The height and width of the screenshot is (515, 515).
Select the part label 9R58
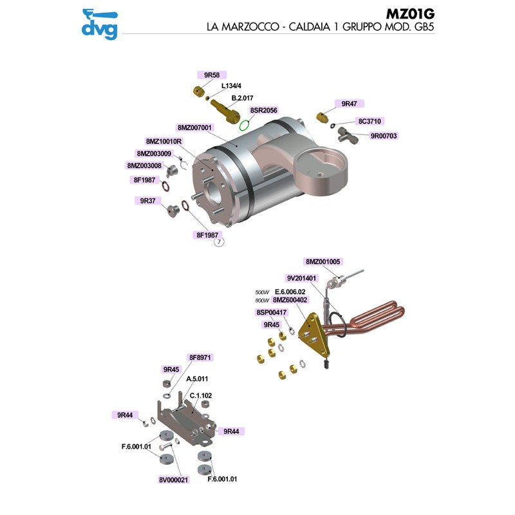(x=212, y=75)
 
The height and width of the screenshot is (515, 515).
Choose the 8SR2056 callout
(x=263, y=110)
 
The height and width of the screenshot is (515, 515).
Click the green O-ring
(x=245, y=125)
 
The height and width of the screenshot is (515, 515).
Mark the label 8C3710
(x=370, y=121)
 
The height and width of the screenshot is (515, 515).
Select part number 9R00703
(x=384, y=136)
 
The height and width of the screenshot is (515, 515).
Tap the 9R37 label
(x=148, y=201)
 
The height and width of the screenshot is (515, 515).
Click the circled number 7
(x=219, y=242)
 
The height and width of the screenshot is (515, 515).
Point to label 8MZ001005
(x=323, y=261)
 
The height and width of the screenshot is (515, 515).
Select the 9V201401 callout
(x=301, y=278)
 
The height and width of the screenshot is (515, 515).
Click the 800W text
(x=262, y=300)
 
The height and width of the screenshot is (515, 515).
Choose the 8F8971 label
(x=200, y=357)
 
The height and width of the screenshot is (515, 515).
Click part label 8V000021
(x=173, y=480)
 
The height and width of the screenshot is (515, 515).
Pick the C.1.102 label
(x=201, y=395)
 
